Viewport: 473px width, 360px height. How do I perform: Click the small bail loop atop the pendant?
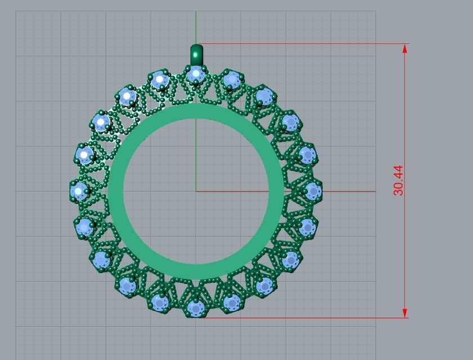pyautogui.click(x=196, y=54)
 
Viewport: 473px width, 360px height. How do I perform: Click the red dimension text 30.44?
pyautogui.click(x=398, y=180)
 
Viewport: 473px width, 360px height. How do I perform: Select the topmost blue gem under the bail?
pyautogui.click(x=195, y=74)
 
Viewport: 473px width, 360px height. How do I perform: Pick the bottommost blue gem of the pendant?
pyautogui.click(x=195, y=308)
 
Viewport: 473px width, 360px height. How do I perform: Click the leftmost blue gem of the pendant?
pyautogui.click(x=79, y=191)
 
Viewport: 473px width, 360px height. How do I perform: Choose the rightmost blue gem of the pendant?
pyautogui.click(x=313, y=192)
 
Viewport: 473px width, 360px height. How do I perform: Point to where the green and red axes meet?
pyautogui.click(x=196, y=191)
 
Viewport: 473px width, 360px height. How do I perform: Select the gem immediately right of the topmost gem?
pyautogui.click(x=231, y=80)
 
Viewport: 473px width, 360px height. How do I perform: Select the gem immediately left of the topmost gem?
pyautogui.click(x=160, y=80)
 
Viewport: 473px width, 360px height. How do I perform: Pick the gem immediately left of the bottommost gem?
pyautogui.click(x=160, y=303)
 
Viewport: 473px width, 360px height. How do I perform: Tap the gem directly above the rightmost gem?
pyautogui.click(x=307, y=154)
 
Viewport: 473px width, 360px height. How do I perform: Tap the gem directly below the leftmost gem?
pyautogui.click(x=84, y=228)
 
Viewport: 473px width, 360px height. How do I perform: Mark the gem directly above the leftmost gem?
pyautogui.click(x=84, y=154)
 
